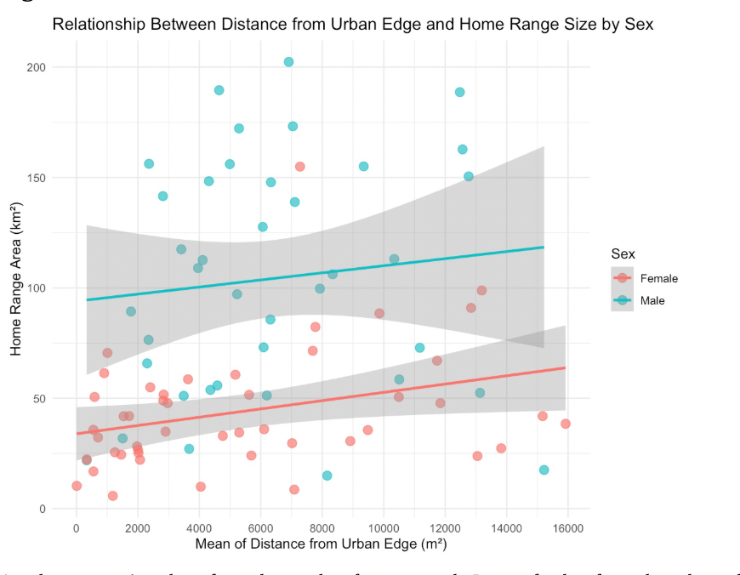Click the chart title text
coord(353,25)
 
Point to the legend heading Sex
coord(623,254)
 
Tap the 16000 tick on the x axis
coord(567,527)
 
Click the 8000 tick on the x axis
coord(322,527)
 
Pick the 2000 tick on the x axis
coord(138,527)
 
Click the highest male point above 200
coord(288,62)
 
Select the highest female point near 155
coord(299,167)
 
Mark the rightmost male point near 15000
coord(544,470)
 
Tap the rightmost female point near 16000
coord(566,424)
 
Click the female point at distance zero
coord(77,486)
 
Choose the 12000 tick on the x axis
coord(445,527)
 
